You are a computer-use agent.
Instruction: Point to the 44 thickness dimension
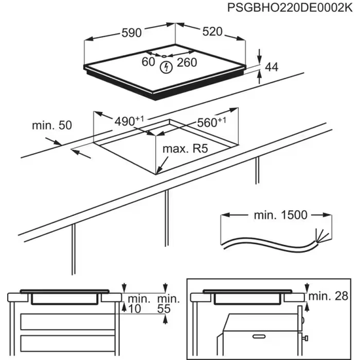coord(272,66)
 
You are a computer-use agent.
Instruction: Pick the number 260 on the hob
coord(188,63)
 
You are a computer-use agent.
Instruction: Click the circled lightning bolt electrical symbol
coord(166,67)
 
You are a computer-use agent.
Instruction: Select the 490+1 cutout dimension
coord(128,121)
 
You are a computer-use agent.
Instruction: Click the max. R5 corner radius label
coord(185,150)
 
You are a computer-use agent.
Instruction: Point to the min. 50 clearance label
coord(51,124)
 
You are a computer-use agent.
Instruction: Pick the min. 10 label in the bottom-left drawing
coord(134,303)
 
